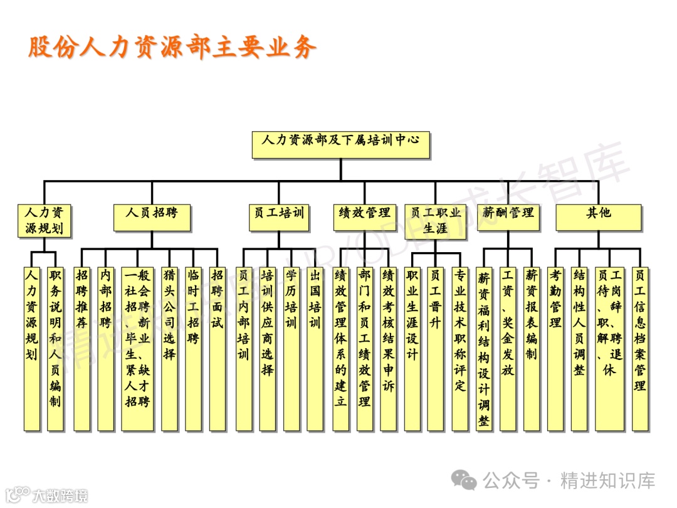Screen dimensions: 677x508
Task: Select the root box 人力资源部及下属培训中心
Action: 341,144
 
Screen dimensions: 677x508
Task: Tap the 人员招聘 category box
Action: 151,217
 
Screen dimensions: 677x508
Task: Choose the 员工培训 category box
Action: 278,217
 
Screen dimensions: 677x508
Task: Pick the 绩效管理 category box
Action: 364,217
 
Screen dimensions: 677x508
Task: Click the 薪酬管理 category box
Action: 508,217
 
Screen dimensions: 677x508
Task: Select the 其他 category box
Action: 599,217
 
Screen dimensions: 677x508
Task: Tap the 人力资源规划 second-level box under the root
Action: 44,221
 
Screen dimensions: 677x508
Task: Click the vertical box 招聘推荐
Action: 81,348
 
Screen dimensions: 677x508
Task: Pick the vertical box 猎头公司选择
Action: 169,348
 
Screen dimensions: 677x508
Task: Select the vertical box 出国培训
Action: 315,348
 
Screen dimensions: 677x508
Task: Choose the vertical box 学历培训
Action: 291,348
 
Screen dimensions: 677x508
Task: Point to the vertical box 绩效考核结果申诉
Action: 388,348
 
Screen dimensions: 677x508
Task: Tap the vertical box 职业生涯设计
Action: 412,348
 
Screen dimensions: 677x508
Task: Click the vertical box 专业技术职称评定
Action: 460,348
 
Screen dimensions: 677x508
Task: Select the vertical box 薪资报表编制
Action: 532,348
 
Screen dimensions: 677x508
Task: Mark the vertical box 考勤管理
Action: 555,348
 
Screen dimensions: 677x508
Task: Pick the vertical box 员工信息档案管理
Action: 639,348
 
